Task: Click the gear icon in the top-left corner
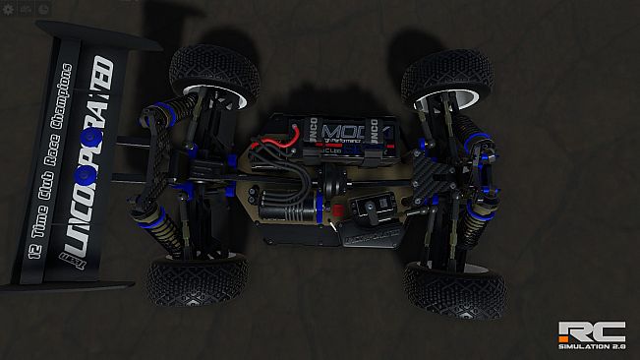coord(8,8)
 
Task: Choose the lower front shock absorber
coord(473,228)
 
